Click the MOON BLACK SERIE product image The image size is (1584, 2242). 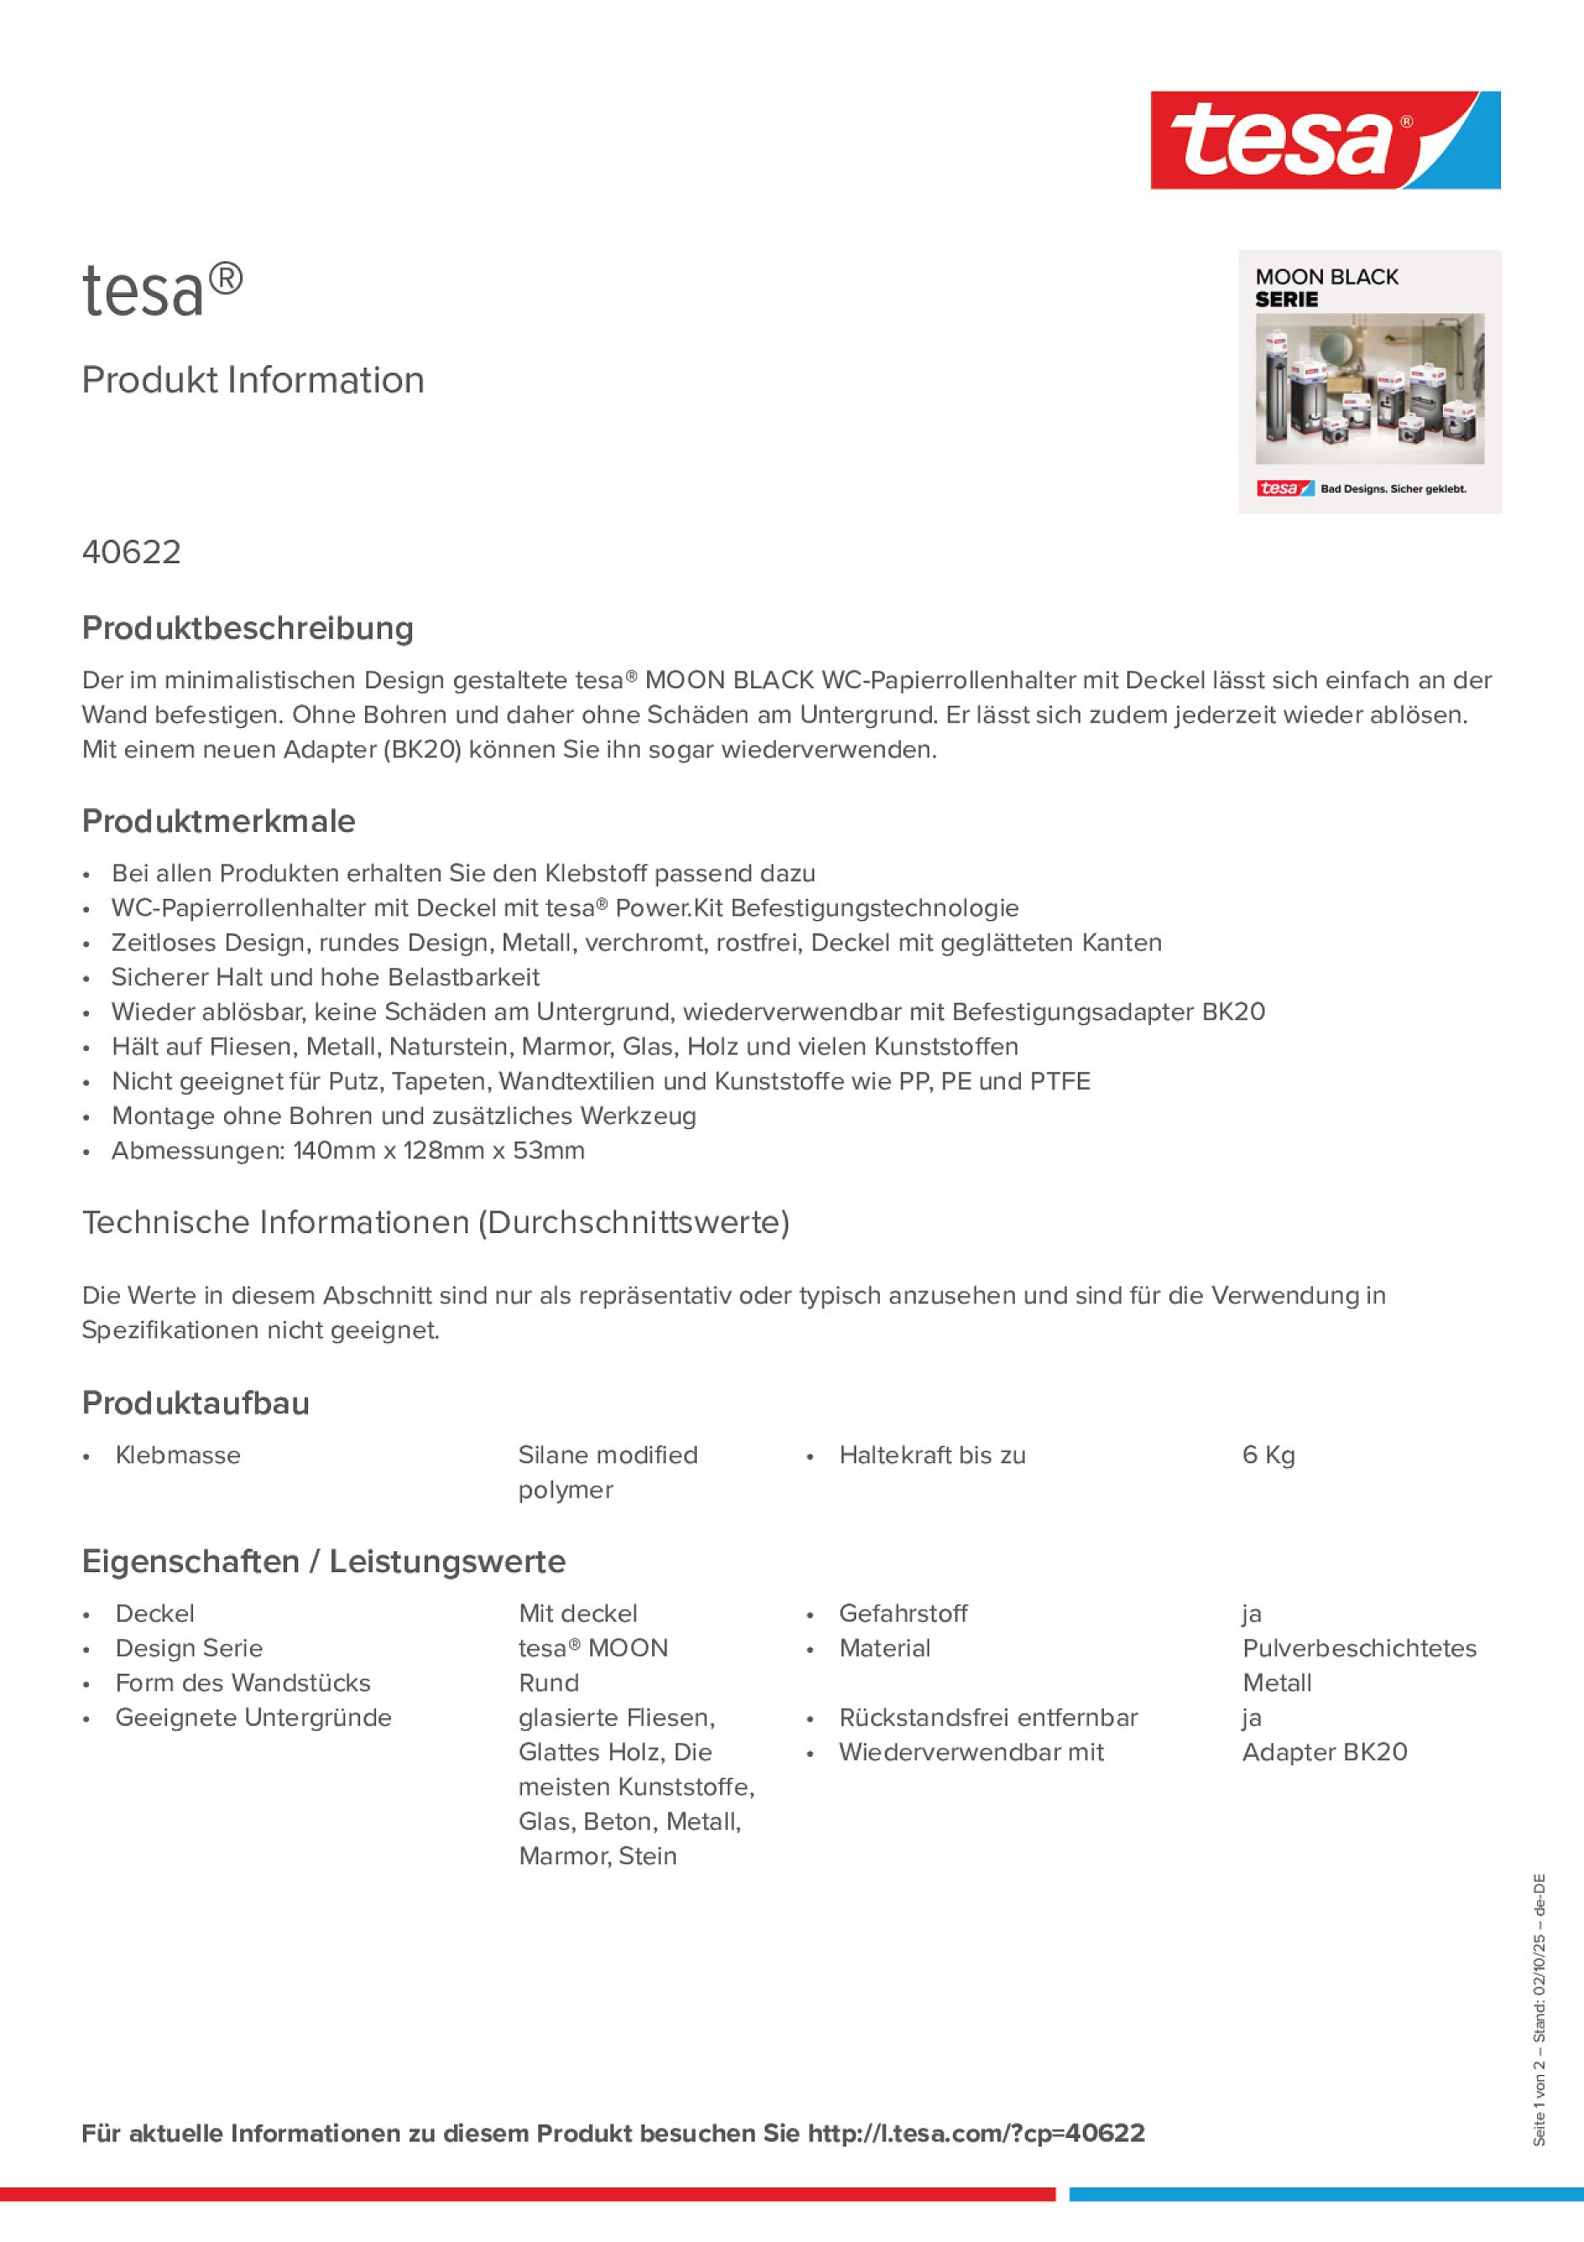(1369, 382)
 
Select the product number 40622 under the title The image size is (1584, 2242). (132, 552)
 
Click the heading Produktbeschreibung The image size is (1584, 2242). (248, 628)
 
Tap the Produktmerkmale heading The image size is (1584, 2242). (219, 821)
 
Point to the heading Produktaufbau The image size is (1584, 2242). (196, 1403)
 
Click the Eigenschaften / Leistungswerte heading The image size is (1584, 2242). (323, 1561)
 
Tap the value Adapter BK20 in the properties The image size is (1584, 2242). (1325, 1752)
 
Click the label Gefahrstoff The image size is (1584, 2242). (902, 1613)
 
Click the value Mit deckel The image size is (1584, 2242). (578, 1613)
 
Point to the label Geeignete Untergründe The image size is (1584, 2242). (253, 1717)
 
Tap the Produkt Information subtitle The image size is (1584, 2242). (253, 380)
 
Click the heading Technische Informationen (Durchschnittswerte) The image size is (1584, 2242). (436, 1222)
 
